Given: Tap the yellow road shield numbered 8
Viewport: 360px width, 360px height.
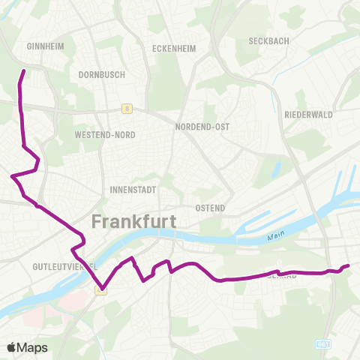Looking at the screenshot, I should (128, 108).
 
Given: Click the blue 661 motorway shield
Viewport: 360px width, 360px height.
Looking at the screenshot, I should (323, 343).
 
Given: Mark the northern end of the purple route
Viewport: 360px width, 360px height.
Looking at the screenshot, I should (24, 70).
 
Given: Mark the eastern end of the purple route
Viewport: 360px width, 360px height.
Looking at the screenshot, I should (349, 265).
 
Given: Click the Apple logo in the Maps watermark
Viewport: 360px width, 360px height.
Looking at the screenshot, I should (12, 347).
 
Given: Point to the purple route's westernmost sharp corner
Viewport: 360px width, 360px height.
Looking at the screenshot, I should (12, 177).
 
